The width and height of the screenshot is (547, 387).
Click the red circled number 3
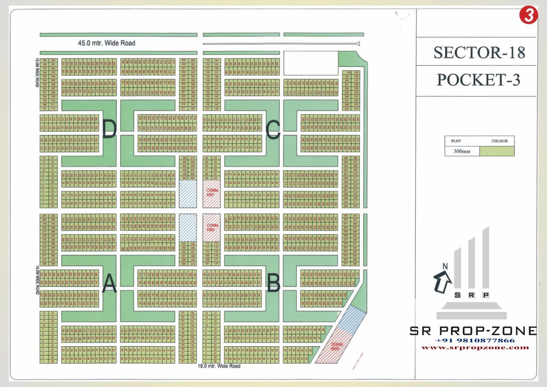coord(528,15)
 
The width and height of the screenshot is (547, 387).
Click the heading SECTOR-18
coord(479,53)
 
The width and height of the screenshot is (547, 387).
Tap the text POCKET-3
coord(478,80)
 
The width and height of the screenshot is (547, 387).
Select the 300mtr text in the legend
coord(462,151)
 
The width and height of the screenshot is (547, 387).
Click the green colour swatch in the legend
coord(497,151)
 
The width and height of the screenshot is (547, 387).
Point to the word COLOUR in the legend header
coord(499,141)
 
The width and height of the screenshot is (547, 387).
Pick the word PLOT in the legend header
coord(456,141)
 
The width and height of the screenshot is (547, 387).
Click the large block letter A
coord(109,283)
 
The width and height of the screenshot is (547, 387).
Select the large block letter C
coord(273,129)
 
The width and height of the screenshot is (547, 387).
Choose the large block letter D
coord(109,129)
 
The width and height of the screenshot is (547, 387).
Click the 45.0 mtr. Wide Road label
coord(106,43)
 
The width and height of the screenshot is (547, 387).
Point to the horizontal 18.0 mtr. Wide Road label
coord(219,366)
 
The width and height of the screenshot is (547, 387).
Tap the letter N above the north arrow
coord(445,266)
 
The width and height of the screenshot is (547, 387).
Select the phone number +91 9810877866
coord(475,340)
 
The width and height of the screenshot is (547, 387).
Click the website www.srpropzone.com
coord(475,347)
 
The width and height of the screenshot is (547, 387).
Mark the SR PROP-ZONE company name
coord(473,331)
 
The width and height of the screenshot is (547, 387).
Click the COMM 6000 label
coord(336,346)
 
